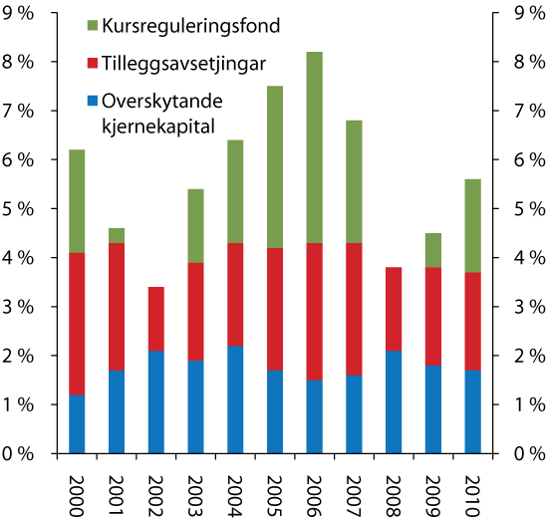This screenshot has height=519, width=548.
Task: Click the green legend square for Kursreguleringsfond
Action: coord(95,23)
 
